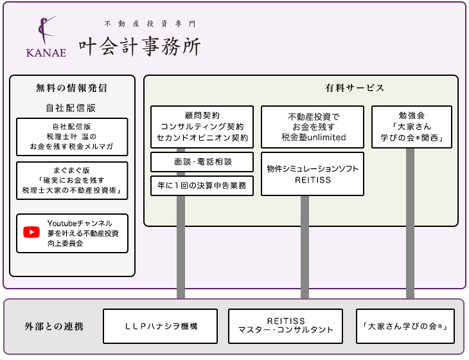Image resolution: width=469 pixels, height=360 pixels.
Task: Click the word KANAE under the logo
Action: point(46,53)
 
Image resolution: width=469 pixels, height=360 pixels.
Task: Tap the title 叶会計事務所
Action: point(139,46)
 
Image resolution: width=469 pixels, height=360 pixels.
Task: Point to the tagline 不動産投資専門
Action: point(150,24)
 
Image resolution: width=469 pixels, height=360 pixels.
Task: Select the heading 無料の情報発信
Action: point(71,88)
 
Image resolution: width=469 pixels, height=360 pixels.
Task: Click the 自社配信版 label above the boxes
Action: point(71,108)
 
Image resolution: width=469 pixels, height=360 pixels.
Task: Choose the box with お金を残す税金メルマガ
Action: point(72,137)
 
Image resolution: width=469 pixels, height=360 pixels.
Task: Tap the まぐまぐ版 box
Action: point(72,181)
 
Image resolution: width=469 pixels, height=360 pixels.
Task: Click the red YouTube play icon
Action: point(31,232)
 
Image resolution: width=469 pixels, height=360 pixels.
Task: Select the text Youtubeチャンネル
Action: point(80,222)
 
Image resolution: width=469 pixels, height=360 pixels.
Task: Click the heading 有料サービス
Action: point(355,88)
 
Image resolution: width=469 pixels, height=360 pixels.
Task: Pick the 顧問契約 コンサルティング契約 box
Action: point(202,127)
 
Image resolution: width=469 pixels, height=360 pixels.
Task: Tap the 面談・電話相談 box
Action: point(202,163)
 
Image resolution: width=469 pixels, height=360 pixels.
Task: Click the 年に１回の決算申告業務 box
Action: point(202,186)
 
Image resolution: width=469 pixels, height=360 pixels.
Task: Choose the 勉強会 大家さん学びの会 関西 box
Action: point(412,127)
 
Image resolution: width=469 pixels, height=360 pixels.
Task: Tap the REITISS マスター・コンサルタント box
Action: point(286,326)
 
